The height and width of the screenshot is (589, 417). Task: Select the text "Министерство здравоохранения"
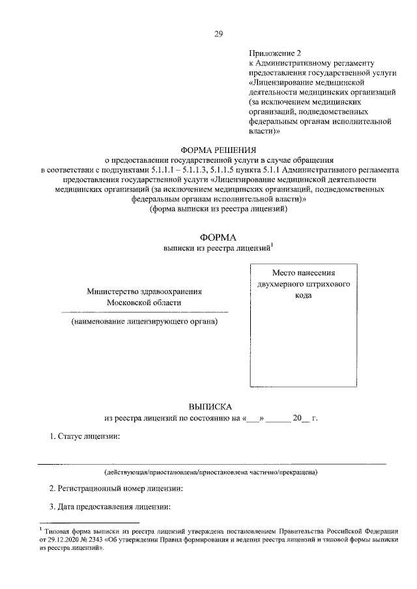(145, 292)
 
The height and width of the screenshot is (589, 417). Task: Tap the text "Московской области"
(145, 303)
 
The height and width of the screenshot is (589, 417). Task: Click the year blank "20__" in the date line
(300, 418)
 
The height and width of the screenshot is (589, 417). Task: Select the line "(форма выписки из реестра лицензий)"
(218, 209)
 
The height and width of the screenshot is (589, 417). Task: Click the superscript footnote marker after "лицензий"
(272, 245)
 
